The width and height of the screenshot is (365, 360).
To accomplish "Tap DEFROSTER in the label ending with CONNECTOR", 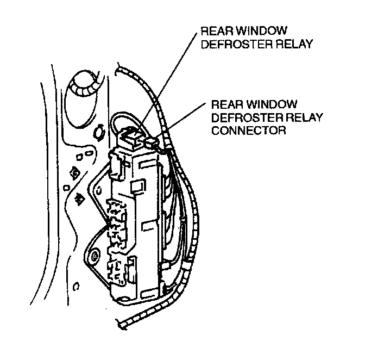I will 237,118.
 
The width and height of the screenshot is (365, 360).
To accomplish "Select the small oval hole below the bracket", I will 77,284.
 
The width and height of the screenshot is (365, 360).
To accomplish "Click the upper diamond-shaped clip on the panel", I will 75,174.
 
